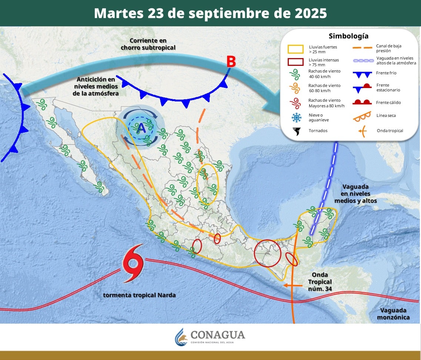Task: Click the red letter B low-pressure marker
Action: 231,62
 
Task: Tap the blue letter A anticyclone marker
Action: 141,128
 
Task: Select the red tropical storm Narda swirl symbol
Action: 133,263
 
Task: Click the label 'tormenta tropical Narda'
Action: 139,295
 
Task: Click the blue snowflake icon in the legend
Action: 296,118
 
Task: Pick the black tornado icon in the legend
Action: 296,131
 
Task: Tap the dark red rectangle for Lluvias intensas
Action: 295,62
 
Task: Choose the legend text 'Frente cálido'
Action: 389,102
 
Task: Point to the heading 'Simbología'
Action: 348,36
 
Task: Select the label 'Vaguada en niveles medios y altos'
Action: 355,194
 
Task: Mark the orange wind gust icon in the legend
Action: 296,88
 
